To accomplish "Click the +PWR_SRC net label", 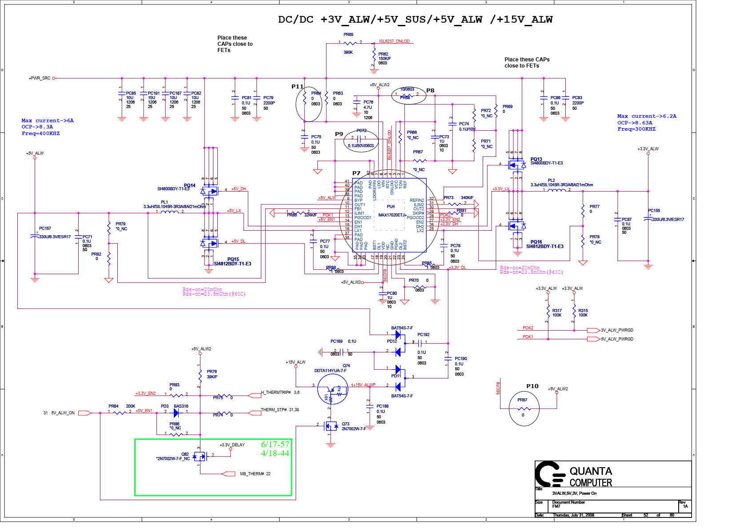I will coord(40,78).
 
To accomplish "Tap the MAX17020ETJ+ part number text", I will coord(392,215).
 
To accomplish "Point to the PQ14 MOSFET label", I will coord(189,185).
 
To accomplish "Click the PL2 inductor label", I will coord(551,180).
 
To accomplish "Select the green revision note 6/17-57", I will coord(275,444).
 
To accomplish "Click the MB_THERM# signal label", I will coord(252,474).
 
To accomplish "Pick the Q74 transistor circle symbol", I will coord(332,389).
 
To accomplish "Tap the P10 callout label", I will coord(532,386).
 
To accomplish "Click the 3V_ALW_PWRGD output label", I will coord(617,330).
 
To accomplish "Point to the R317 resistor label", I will coord(557,311).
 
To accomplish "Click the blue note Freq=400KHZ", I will coord(40,133).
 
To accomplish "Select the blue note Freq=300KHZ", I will coord(636,129).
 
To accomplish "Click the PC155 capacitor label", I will coord(654,211).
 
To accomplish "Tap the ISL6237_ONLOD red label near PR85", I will coord(394,41).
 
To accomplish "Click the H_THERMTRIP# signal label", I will coord(276,393).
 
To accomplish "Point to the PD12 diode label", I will coord(392,341).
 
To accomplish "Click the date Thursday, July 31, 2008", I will coord(573,515).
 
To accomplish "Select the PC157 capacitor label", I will coord(45,228).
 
